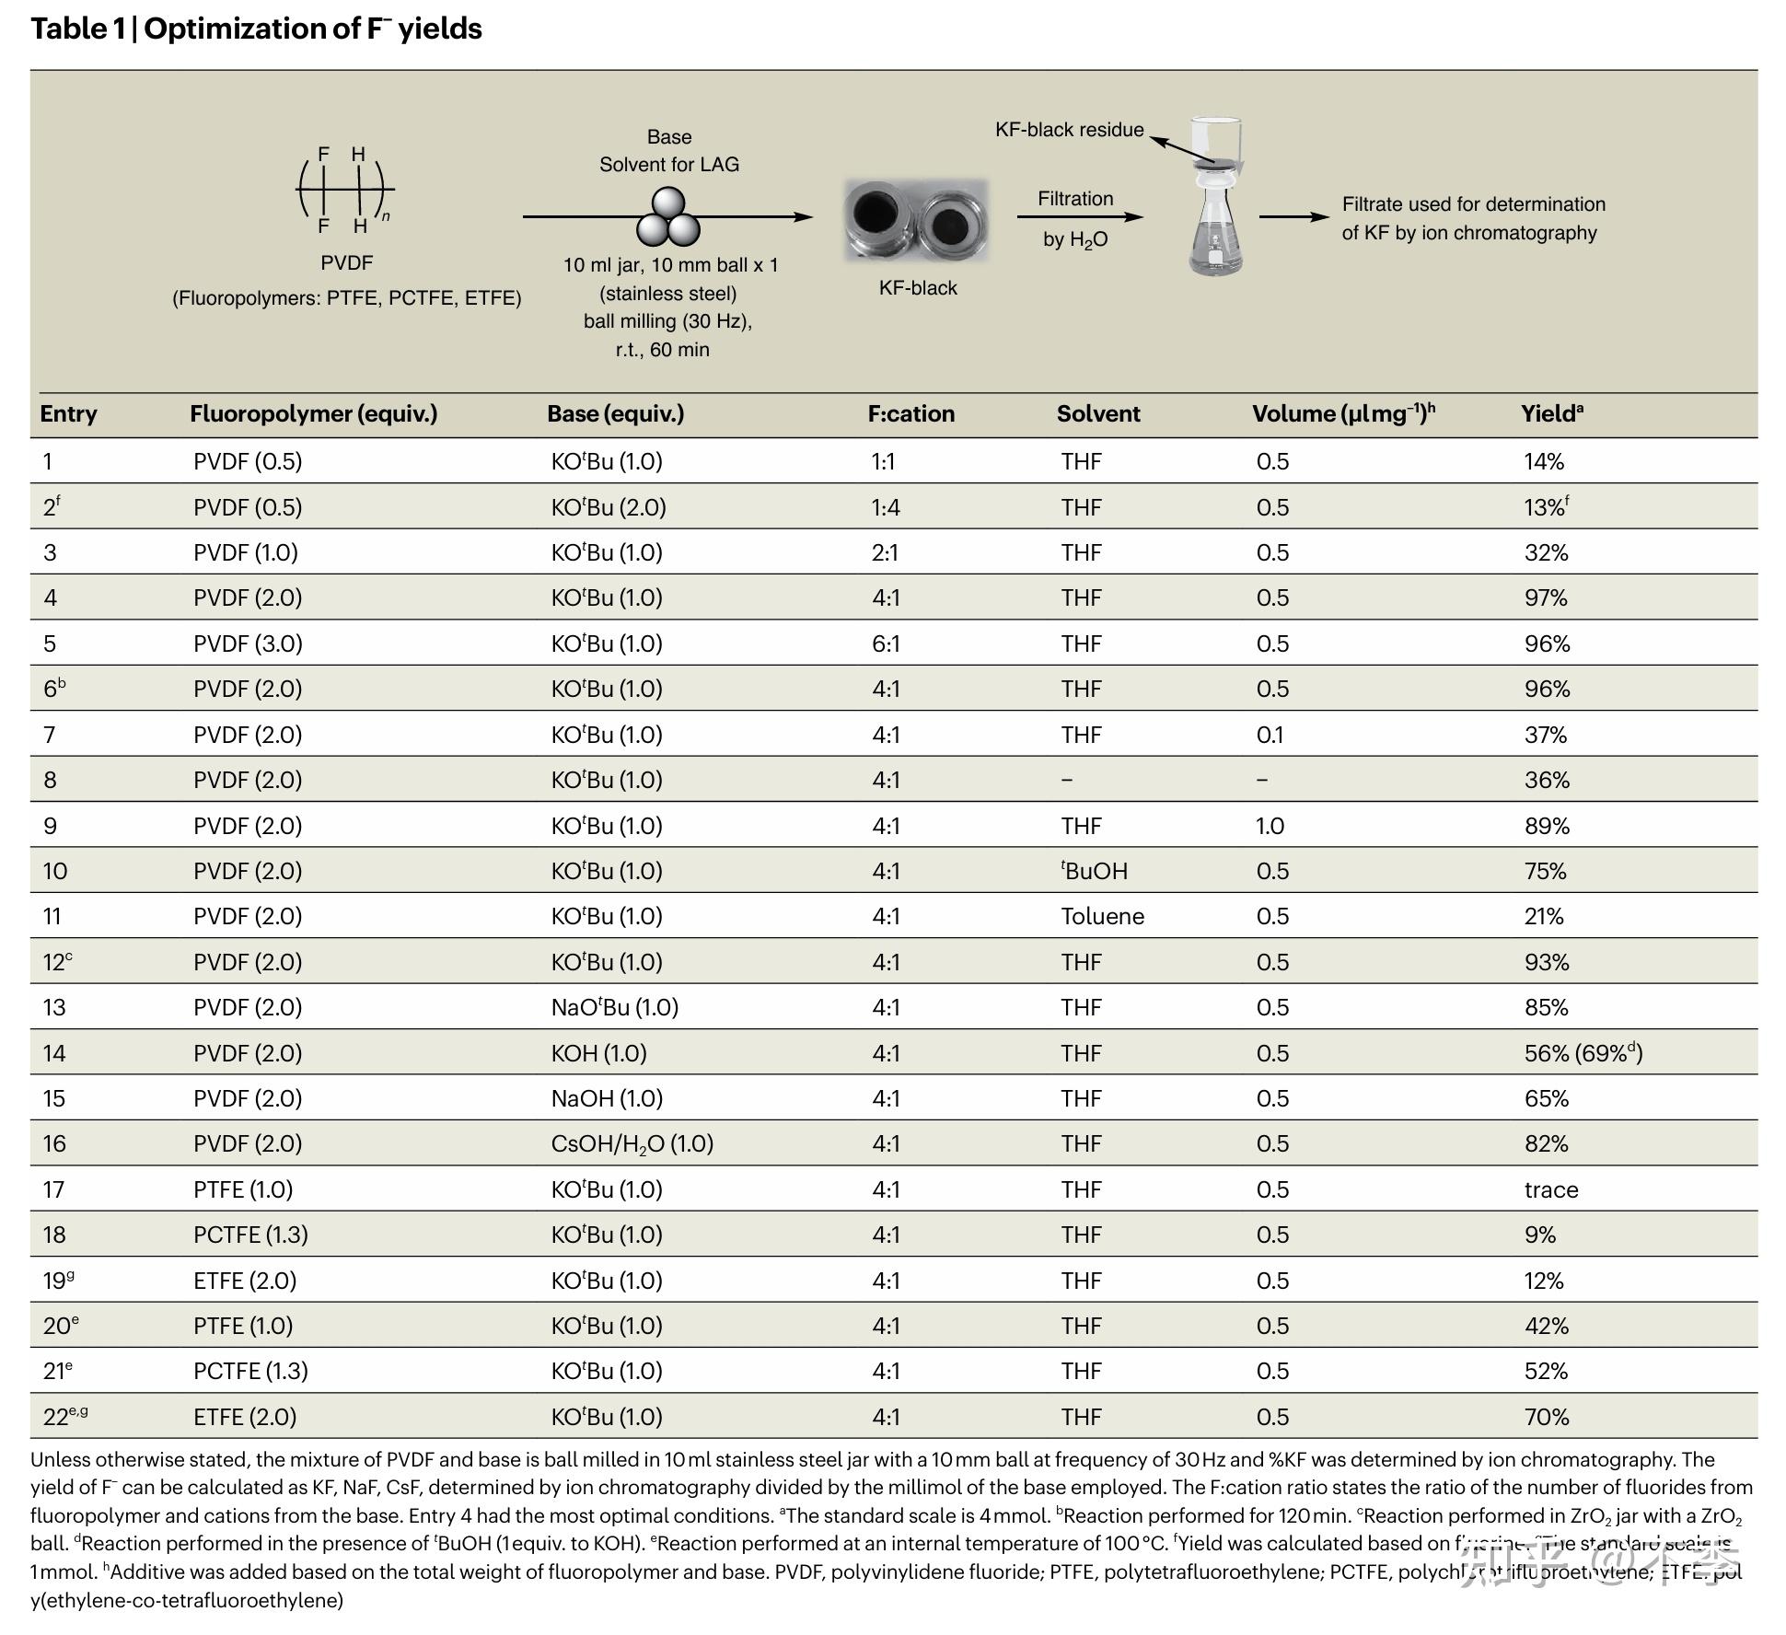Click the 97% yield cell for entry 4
(x=1545, y=598)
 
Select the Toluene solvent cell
(x=1102, y=917)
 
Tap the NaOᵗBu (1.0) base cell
(x=614, y=1007)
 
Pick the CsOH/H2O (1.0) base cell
(x=632, y=1144)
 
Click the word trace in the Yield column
(x=1550, y=1189)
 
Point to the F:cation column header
(x=910, y=414)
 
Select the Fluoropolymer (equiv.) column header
(x=313, y=414)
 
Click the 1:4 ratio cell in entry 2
(x=886, y=507)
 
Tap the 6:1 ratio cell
(x=886, y=644)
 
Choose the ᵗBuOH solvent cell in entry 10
(x=1094, y=871)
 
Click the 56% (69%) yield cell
(x=1583, y=1053)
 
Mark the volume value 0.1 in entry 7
(x=1270, y=735)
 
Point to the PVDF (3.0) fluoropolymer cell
(x=248, y=644)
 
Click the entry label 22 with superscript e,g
(x=65, y=1416)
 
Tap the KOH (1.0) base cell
(x=598, y=1053)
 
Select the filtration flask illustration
(x=1215, y=198)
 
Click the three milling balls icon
(x=668, y=218)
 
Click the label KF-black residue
(x=1069, y=130)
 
